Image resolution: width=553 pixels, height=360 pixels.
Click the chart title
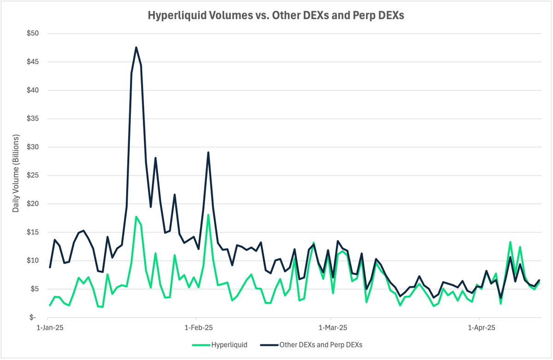276,15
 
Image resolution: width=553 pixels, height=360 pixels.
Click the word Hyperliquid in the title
171,15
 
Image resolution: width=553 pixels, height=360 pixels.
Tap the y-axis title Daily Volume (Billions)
16,173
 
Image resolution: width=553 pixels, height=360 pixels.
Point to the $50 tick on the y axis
33,34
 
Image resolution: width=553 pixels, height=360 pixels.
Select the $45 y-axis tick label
33,62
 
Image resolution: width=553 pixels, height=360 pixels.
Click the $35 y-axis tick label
33,119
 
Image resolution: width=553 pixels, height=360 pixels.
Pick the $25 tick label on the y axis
33,176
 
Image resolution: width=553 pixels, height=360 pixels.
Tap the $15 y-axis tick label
33,232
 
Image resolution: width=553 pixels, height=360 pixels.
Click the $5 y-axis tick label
34,289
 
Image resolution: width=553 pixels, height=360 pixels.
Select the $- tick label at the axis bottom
35,318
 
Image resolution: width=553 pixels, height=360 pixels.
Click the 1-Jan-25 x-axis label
48,328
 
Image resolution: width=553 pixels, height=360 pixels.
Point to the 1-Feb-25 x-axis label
197,328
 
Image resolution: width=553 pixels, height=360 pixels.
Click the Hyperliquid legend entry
220,345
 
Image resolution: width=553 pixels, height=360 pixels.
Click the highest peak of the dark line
136,47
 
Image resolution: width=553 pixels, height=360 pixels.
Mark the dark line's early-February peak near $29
208,152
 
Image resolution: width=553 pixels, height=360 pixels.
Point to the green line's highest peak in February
208,215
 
